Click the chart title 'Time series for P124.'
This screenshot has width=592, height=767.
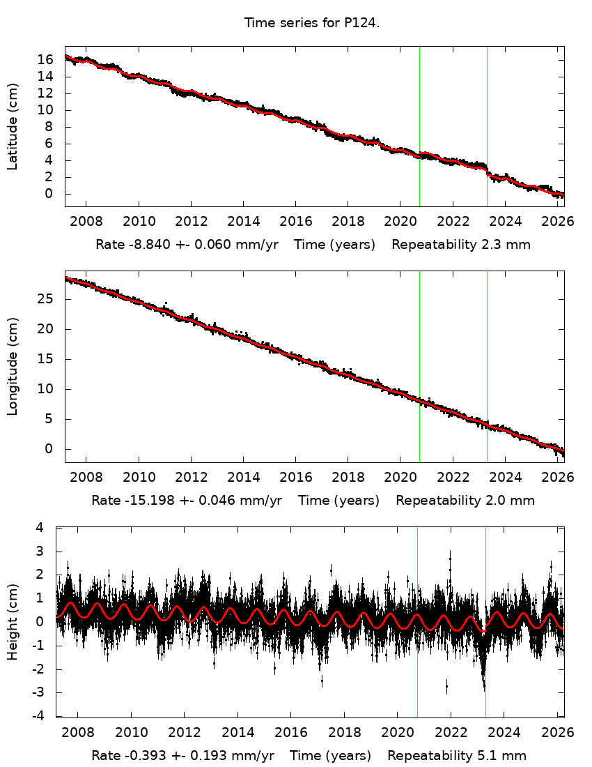[x=311, y=23]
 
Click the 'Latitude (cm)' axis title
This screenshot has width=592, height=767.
[x=13, y=126]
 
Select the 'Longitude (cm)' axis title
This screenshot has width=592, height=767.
[x=13, y=367]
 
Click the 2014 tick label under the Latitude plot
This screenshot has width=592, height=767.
[x=243, y=221]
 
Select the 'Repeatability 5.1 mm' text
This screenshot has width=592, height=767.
[x=457, y=756]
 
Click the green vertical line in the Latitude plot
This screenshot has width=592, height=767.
[x=419, y=126]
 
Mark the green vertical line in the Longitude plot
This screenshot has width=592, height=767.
[x=419, y=366]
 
